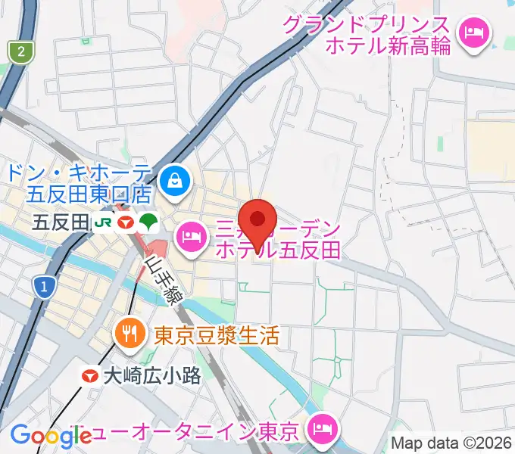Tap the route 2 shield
(x=21, y=52)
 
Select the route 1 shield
(x=45, y=287)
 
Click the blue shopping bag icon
(x=175, y=180)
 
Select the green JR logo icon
(x=103, y=222)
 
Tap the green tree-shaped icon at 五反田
(x=148, y=222)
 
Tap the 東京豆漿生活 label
(x=217, y=334)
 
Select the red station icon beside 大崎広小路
(x=91, y=375)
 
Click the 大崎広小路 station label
(x=152, y=375)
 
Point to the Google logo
(x=50, y=435)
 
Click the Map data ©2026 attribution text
(x=451, y=443)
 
